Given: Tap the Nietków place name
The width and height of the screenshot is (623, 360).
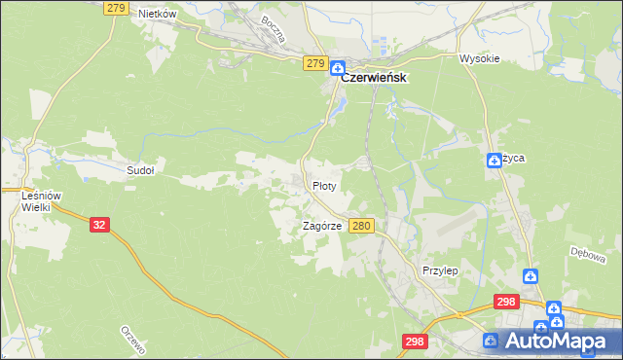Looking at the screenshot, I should (x=157, y=14).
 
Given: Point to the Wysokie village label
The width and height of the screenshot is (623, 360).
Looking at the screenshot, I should (x=479, y=58).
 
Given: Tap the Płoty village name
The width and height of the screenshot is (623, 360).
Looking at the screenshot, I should (x=324, y=185).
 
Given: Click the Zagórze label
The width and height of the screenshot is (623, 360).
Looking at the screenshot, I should (x=321, y=226).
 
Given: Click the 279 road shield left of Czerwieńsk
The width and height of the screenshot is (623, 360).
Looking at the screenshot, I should (x=313, y=63).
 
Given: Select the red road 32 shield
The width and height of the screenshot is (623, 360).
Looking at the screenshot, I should (x=99, y=224).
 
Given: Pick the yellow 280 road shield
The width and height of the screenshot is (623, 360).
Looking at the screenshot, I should (x=361, y=226).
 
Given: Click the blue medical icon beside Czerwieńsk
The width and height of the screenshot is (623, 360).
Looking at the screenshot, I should (x=337, y=68).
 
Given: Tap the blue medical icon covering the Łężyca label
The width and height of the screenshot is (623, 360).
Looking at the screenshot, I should (x=494, y=161).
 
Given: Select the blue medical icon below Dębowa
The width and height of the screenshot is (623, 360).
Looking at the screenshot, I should (x=531, y=276).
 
